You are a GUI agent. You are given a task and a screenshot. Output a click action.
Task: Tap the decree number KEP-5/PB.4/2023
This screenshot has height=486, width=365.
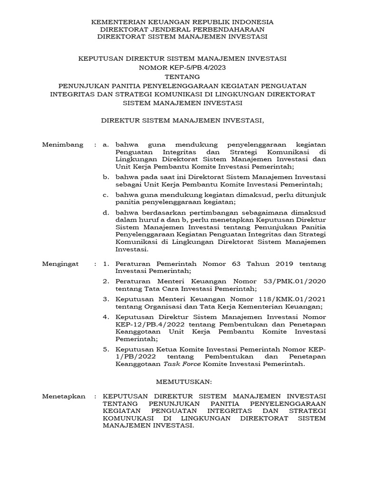pyautogui.click(x=197, y=67)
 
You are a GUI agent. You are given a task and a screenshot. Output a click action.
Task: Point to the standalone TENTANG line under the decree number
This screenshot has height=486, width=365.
pyautogui.click(x=182, y=76)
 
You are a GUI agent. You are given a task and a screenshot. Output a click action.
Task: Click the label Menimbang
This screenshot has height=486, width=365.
pyautogui.click(x=63, y=144)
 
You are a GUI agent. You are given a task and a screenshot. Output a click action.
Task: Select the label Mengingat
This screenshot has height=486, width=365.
pyautogui.click(x=62, y=263)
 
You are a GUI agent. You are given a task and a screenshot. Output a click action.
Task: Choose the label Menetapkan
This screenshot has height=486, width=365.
pyautogui.click(x=64, y=395)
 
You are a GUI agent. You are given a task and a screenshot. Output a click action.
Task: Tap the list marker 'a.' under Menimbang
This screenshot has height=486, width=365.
pyautogui.click(x=106, y=144)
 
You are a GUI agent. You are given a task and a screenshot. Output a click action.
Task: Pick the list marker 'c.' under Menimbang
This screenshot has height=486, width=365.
pyautogui.click(x=106, y=195)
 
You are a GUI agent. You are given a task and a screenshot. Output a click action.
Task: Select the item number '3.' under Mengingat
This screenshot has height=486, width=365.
pyautogui.click(x=106, y=299)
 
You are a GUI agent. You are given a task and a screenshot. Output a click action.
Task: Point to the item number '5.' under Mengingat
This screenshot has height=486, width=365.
pyautogui.click(x=106, y=349)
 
